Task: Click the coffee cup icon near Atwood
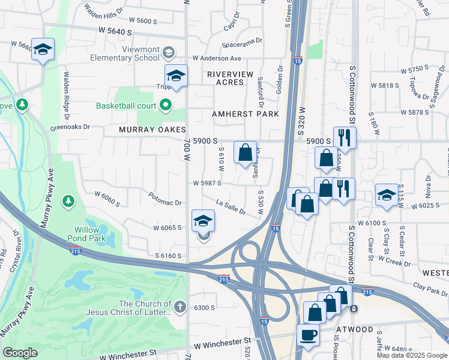(308, 335)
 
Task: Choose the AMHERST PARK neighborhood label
(245, 114)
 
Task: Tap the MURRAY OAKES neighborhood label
(152, 130)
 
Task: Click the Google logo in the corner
(20, 353)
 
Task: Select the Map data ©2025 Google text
(412, 355)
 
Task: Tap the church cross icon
(179, 308)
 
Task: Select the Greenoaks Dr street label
(70, 127)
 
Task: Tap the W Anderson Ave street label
(216, 58)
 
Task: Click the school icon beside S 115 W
(387, 194)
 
